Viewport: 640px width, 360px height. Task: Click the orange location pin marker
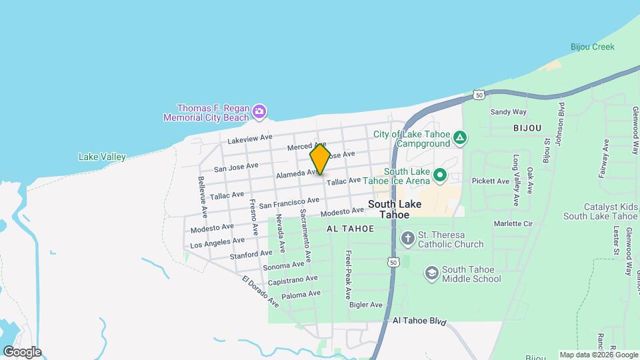tap(320, 159)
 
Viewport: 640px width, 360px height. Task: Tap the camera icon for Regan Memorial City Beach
tap(259, 112)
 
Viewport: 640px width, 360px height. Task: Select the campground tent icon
tap(459, 139)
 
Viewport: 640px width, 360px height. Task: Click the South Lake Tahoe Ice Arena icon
tap(439, 175)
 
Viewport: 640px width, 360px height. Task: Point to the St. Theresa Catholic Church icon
tap(407, 238)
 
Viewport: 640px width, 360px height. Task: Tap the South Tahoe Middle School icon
tap(431, 273)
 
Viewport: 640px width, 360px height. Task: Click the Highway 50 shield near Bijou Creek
tap(479, 95)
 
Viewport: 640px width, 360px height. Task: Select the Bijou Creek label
tap(592, 47)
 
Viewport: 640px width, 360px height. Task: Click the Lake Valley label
tap(102, 157)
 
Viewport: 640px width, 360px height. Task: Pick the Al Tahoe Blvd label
tap(419, 321)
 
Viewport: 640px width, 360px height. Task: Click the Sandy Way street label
tap(509, 112)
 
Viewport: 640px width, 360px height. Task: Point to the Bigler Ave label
tap(367, 305)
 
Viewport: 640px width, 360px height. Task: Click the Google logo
tap(21, 352)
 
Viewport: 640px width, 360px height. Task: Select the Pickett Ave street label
tap(491, 181)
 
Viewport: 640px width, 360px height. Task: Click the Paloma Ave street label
tap(301, 294)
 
